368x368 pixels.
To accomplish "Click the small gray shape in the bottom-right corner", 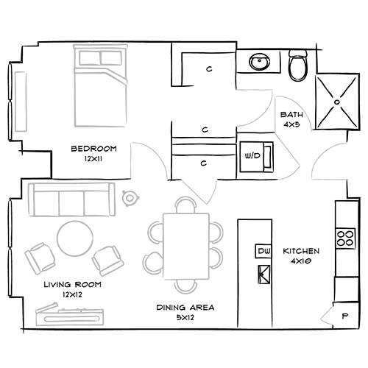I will click(325, 314).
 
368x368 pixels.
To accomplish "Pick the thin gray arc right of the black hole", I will click(309, 118).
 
